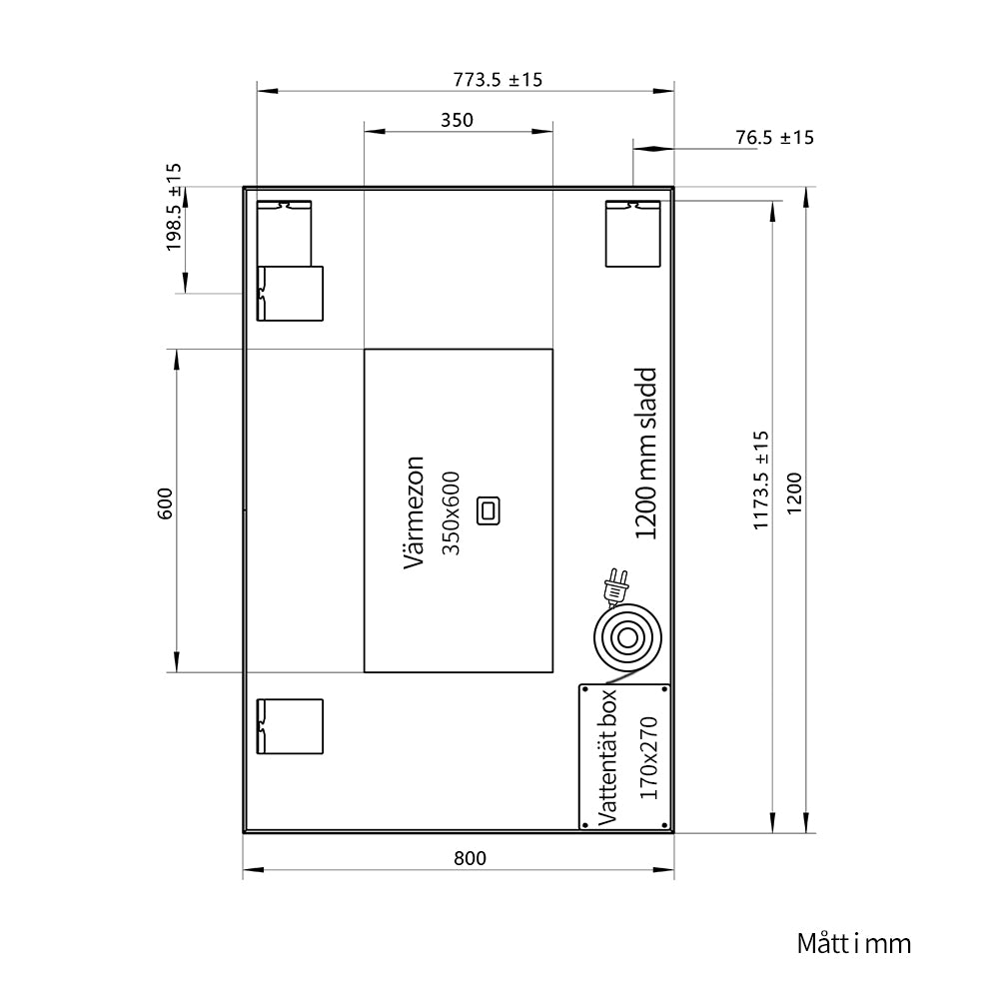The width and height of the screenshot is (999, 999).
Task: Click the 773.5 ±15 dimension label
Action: (x=498, y=80)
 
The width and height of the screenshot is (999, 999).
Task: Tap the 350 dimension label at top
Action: (x=457, y=120)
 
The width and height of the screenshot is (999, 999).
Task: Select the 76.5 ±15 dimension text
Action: (x=775, y=137)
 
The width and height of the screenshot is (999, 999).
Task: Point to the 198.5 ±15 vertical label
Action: (x=173, y=207)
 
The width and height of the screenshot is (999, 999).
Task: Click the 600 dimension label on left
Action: (x=165, y=503)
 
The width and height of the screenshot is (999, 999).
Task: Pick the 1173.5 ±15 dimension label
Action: (x=760, y=481)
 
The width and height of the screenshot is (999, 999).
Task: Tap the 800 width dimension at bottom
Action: (x=470, y=858)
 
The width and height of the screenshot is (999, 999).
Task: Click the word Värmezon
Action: (x=415, y=512)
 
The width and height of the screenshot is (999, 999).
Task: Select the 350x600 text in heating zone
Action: (x=451, y=512)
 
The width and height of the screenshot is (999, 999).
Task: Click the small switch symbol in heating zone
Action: (x=489, y=510)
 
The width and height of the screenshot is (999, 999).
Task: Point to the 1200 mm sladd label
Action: (x=645, y=453)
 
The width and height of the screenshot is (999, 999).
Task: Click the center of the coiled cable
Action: (x=627, y=637)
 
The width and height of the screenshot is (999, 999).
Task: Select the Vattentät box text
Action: (x=607, y=757)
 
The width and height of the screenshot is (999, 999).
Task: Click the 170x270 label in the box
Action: (x=648, y=757)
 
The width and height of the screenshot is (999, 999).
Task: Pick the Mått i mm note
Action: (x=854, y=944)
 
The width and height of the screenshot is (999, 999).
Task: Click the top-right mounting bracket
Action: (x=632, y=234)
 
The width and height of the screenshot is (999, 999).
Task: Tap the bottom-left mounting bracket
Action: (x=290, y=726)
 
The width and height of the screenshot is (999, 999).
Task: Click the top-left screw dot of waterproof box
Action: (x=585, y=690)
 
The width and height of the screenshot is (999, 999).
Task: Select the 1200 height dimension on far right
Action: (x=794, y=494)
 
